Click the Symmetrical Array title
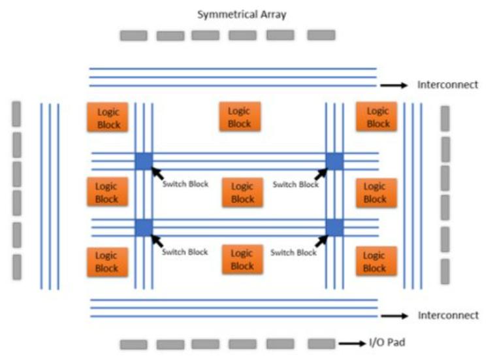coord(242,14)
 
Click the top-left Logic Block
coord(108,118)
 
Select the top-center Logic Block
coord(239,117)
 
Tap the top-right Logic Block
coord(377,117)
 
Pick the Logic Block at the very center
coord(242,192)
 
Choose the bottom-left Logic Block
coord(106,261)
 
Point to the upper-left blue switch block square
coord(144,161)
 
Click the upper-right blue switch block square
coord(334,161)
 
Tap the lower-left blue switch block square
coord(144,227)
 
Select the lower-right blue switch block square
coord(334,227)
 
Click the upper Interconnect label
coord(448,84)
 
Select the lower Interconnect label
coord(448,316)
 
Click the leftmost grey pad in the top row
coord(133,35)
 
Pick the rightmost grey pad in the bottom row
coord(321,343)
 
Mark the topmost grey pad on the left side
coord(16,114)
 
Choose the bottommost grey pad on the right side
coord(445,271)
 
